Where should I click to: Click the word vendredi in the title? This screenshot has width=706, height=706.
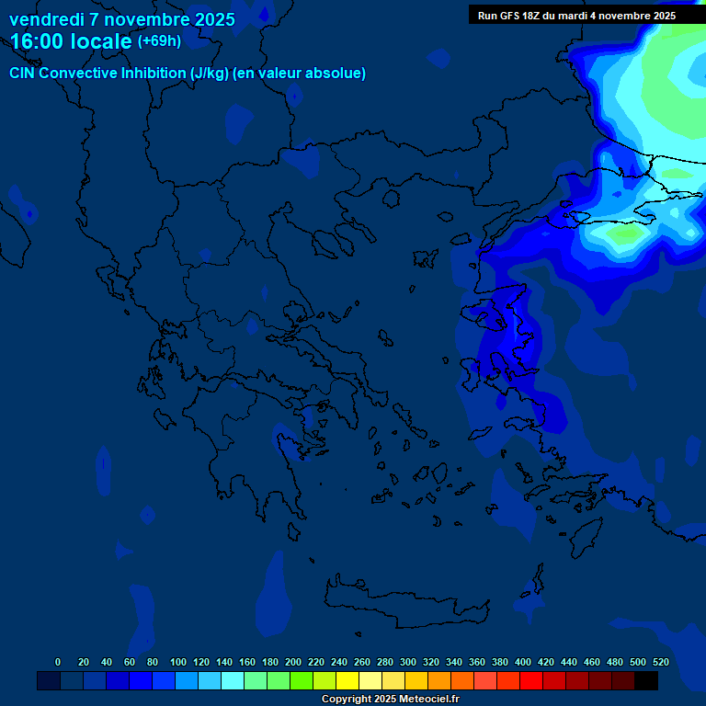tap(44, 19)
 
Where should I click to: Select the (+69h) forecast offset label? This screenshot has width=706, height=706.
tap(159, 41)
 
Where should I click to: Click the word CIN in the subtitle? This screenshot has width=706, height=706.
tap(23, 74)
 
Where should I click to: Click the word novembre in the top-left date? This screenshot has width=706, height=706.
tap(138, 19)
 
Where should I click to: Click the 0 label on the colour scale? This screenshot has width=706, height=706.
tap(58, 662)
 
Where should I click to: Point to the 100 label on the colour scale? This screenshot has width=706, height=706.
tap(178, 662)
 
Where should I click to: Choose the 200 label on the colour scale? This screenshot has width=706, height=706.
tap(293, 662)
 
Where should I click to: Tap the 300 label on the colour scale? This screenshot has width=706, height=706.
tap(408, 662)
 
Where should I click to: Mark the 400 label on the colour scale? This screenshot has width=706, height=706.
tap(523, 662)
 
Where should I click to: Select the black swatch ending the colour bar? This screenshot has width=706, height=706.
tap(646, 680)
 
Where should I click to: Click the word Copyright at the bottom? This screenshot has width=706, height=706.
tap(347, 700)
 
